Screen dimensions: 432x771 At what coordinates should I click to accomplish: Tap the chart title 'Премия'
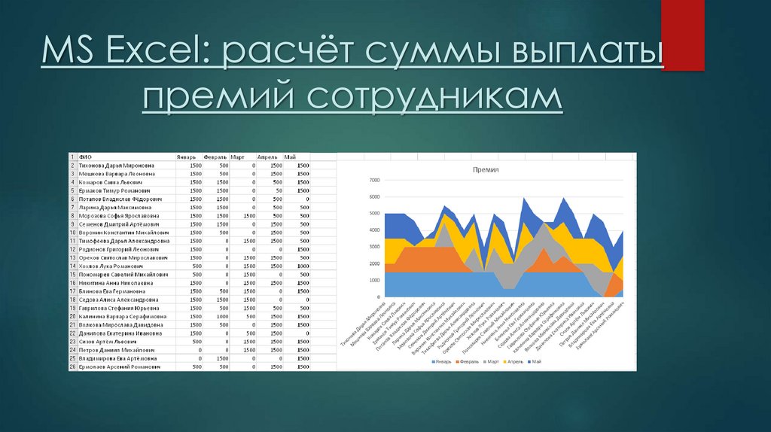(486, 170)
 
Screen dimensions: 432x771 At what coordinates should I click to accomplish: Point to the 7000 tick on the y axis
(375, 181)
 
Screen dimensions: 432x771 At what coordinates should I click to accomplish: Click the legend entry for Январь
(443, 362)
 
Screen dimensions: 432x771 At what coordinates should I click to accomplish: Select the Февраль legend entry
(469, 362)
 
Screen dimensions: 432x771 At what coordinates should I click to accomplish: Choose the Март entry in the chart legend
(492, 362)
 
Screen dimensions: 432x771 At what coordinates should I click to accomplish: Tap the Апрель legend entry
(514, 362)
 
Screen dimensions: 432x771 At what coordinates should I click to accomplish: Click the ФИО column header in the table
(84, 157)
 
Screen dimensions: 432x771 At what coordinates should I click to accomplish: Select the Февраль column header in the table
(215, 157)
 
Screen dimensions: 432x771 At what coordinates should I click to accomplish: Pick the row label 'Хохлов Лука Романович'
(112, 266)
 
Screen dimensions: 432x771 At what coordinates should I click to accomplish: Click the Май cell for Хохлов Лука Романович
(303, 266)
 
